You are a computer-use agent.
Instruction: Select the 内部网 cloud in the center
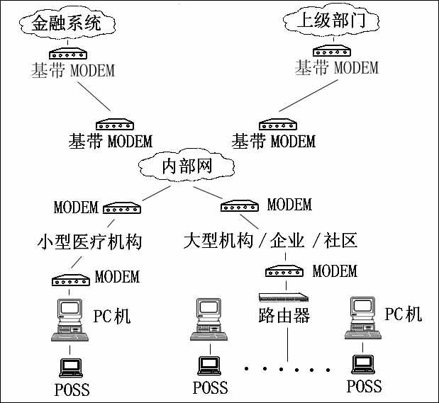coord(187,168)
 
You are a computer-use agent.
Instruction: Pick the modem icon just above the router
coord(286,271)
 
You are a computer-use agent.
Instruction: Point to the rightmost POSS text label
coord(364,387)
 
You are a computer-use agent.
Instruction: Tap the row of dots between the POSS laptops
coord(287,369)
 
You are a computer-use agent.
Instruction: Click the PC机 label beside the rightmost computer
coord(404,313)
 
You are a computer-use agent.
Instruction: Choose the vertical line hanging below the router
coord(287,344)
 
